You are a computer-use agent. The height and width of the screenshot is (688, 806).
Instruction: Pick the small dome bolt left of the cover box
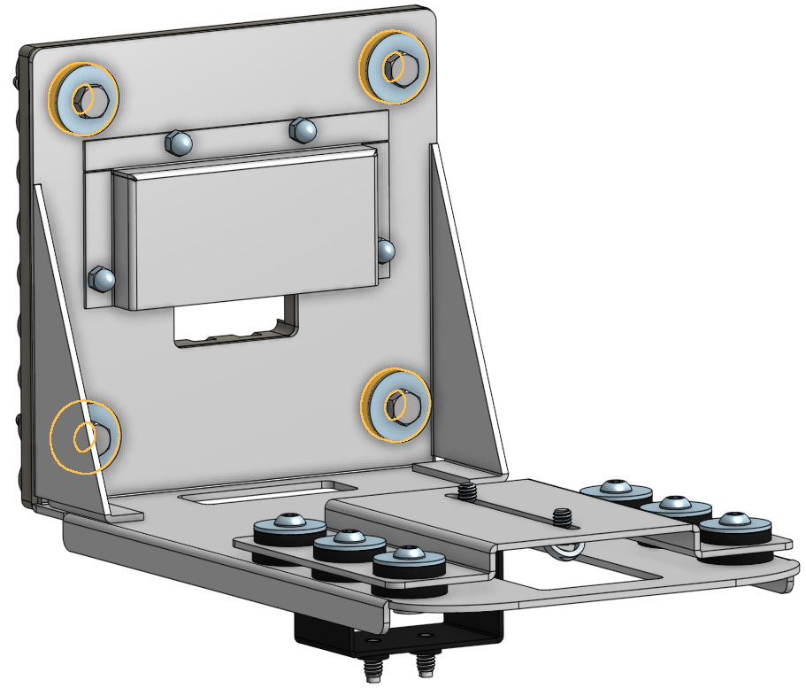[x=102, y=279]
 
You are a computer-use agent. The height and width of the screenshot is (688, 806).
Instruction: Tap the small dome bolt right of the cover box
[x=385, y=251]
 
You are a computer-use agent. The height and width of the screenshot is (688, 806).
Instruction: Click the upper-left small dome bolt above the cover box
[x=179, y=141]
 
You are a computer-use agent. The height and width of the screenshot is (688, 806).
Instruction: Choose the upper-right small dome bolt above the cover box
[x=303, y=130]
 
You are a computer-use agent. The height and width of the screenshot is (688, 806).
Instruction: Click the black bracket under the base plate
[x=398, y=630]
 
